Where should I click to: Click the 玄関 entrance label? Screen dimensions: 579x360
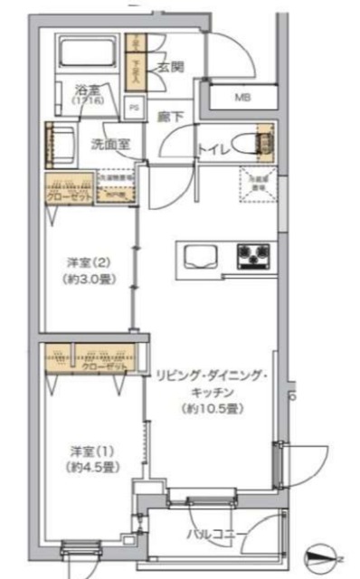tap(170, 66)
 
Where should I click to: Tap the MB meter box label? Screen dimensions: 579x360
tap(244, 98)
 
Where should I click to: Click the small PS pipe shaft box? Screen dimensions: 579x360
tap(135, 109)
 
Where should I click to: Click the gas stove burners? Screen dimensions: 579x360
tap(253, 256)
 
